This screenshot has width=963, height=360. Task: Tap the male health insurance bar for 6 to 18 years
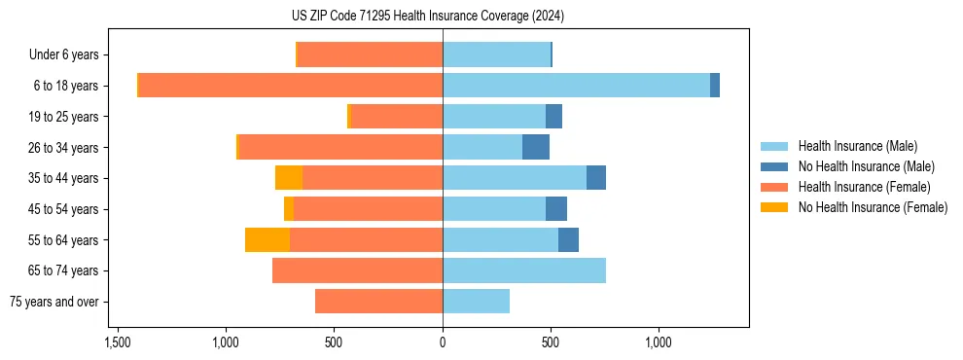coord(576,86)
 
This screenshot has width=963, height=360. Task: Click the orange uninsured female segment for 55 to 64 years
coord(267,239)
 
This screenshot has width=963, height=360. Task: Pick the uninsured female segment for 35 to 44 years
coord(289,178)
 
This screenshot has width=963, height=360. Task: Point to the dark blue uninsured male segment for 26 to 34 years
coord(536,147)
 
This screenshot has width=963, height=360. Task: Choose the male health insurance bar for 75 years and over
coord(476,302)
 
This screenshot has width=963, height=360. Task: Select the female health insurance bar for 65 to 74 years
coord(357,270)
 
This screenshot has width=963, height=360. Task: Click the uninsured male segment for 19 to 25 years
coord(553,117)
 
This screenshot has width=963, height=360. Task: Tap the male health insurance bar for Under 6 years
coord(496,54)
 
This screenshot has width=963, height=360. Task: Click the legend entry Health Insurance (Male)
coord(857,146)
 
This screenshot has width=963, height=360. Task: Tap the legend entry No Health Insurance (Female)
coord(873,207)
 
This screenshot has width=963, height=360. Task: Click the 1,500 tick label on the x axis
coord(117,342)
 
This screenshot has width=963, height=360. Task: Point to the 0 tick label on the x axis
coord(443,342)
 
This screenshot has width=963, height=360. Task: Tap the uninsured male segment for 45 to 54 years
coord(556,209)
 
